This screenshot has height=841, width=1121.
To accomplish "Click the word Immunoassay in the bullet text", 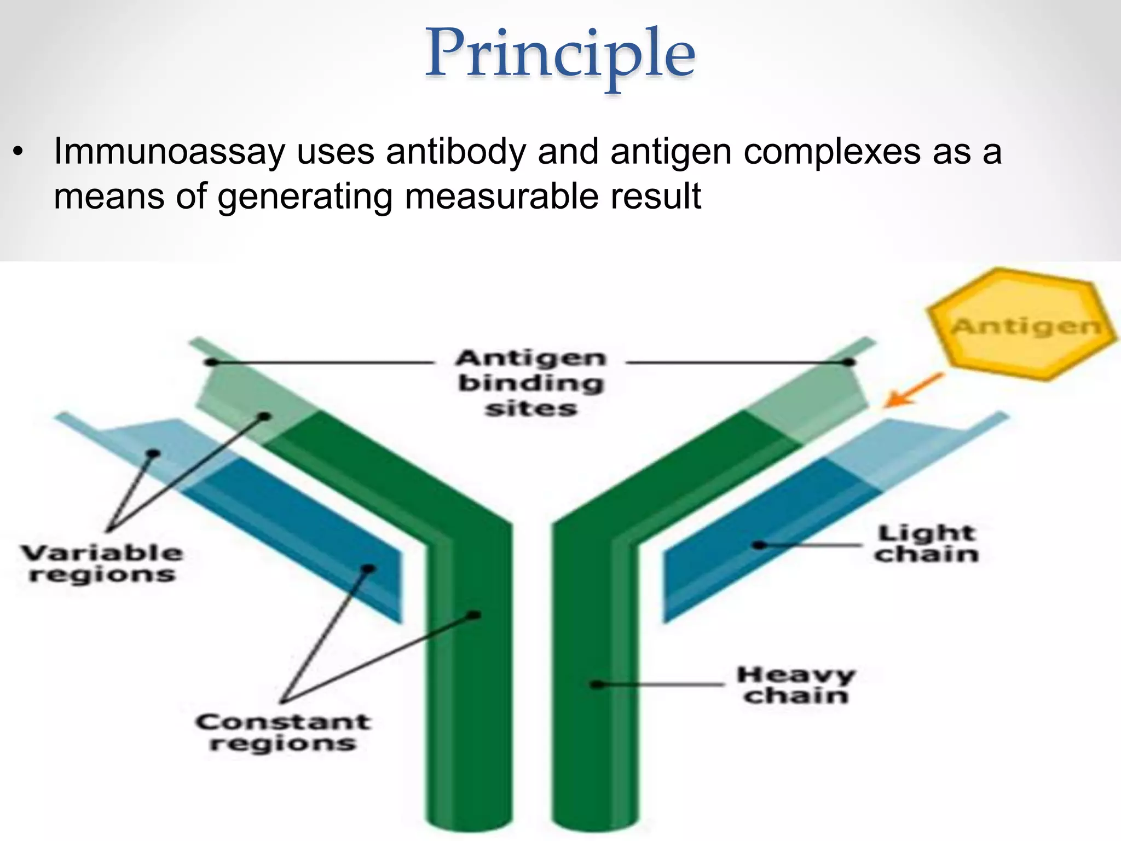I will pyautogui.click(x=169, y=152).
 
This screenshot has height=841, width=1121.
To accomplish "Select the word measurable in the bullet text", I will pyautogui.click(x=501, y=197).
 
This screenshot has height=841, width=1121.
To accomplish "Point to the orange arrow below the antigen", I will pyautogui.click(x=913, y=391).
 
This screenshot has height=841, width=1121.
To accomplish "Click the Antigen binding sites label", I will pyautogui.click(x=531, y=383).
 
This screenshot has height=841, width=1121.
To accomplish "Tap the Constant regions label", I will pyautogui.click(x=283, y=733).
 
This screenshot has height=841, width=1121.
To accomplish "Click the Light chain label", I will pyautogui.click(x=927, y=544).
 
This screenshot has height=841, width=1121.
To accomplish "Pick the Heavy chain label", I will pyautogui.click(x=796, y=685).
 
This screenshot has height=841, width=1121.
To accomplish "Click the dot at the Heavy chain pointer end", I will pyautogui.click(x=597, y=684).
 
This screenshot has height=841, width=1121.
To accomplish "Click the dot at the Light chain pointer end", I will pyautogui.click(x=759, y=545).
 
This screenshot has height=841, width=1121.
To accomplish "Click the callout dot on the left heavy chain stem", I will pyautogui.click(x=475, y=615).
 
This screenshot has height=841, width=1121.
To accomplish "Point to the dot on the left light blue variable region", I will pyautogui.click(x=154, y=453).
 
